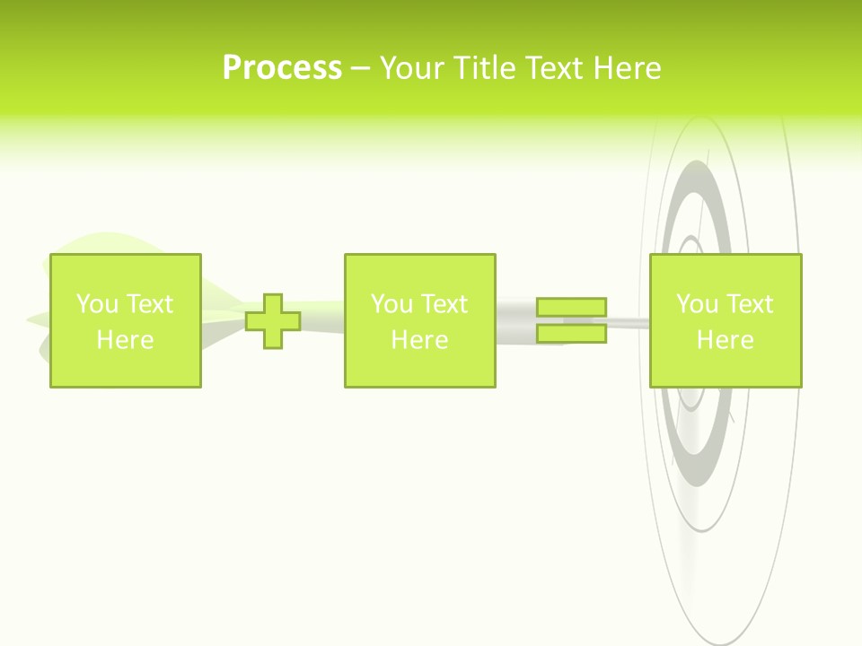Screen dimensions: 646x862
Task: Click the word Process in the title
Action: pyautogui.click(x=282, y=68)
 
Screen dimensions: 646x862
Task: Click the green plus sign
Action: pyautogui.click(x=273, y=320)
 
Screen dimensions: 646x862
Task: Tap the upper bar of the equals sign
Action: pyautogui.click(x=571, y=307)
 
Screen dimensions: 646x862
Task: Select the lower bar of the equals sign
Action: pyautogui.click(x=571, y=334)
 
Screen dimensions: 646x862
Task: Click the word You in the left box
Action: pyautogui.click(x=96, y=304)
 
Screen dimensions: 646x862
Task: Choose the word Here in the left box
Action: pyautogui.click(x=125, y=340)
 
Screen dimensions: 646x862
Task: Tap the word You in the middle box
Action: pyautogui.click(x=391, y=304)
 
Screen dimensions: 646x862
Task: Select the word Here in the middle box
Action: pyautogui.click(x=419, y=340)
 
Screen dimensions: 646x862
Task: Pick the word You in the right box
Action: pyautogui.click(x=697, y=304)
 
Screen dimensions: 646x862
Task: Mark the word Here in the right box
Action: pyautogui.click(x=725, y=340)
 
